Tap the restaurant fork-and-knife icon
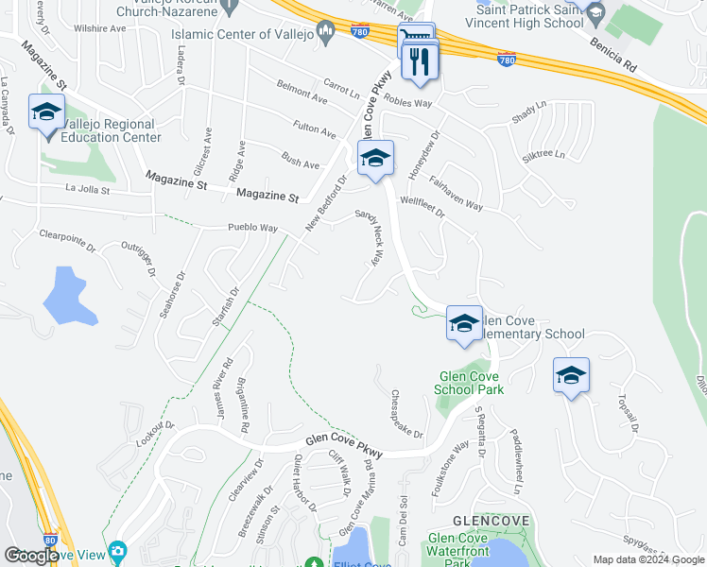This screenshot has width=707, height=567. [417, 61]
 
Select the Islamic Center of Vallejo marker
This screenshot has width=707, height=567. [326, 34]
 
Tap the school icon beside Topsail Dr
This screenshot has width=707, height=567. [571, 376]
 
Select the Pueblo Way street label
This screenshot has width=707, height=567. [252, 228]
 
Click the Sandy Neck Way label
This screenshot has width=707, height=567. [370, 239]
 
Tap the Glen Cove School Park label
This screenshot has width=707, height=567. [470, 382]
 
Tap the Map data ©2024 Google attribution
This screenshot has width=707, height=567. [648, 559]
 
